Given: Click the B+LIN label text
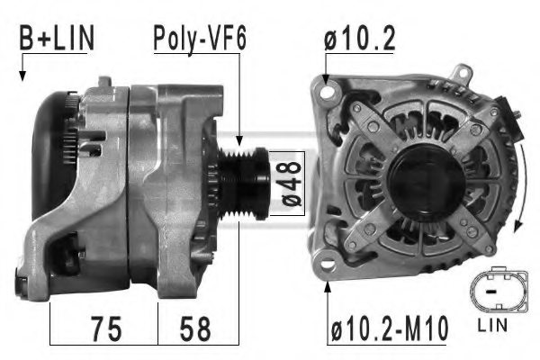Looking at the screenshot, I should (56, 39).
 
